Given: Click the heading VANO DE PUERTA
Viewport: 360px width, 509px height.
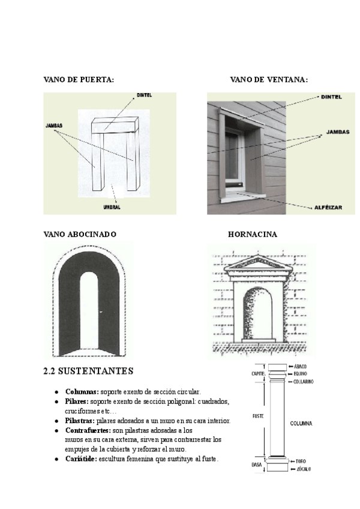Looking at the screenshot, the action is click(79, 79).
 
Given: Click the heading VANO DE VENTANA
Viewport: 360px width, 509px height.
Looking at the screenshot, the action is click(269, 79).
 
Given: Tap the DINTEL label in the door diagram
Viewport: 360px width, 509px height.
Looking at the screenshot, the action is click(145, 95).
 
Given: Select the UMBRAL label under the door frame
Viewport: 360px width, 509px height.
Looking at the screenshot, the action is click(112, 206).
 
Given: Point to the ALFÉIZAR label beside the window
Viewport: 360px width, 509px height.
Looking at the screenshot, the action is click(328, 207).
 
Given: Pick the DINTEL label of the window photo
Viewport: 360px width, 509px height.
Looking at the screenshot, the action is click(332, 96).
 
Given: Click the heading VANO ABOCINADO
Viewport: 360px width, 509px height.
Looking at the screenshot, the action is click(80, 233).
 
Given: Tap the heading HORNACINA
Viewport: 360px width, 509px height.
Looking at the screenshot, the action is click(252, 233).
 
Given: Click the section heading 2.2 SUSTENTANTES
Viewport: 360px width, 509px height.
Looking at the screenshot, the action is click(88, 370).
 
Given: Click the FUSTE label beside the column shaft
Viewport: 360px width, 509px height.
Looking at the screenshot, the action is click(259, 415).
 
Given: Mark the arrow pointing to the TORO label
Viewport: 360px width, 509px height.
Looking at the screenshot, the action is click(291, 461).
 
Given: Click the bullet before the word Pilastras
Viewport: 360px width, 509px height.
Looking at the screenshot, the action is click(56, 421).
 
